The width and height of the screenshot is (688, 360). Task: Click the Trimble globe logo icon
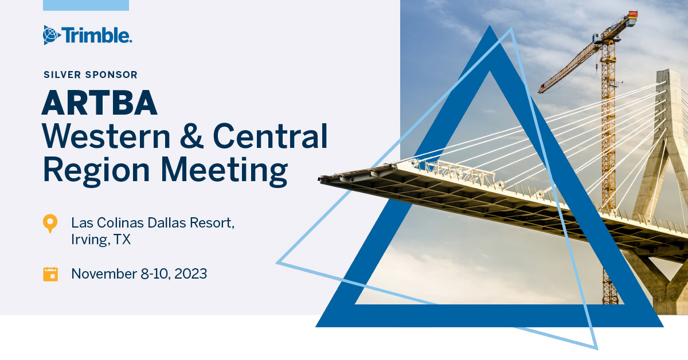coord(52,35)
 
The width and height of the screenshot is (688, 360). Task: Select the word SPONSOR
coord(111,75)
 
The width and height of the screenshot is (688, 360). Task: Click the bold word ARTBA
coord(99,104)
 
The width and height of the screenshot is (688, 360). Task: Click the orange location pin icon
coord(50,223)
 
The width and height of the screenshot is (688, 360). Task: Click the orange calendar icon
coord(50,274)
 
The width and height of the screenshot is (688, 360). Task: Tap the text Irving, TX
coord(101,240)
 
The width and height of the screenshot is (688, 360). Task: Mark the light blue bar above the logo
coord(86,5)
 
